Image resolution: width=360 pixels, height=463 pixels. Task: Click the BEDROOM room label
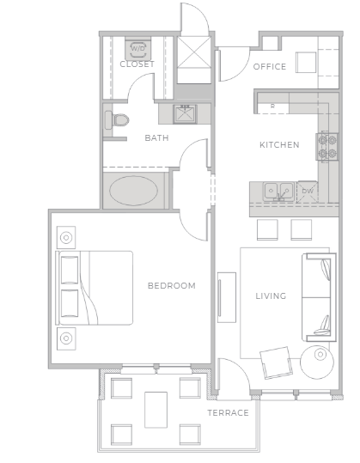pos(171,286)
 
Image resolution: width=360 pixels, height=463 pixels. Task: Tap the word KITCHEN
pos(279,145)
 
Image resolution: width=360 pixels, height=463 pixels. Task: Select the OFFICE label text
pos(269,67)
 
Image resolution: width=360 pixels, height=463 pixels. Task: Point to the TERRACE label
pos(228,413)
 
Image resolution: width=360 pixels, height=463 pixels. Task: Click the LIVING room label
pos(271,296)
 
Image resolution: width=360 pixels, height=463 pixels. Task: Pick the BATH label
pos(156,137)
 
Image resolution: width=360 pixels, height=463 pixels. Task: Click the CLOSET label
pos(137,64)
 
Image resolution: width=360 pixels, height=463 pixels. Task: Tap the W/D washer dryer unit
pos(137,48)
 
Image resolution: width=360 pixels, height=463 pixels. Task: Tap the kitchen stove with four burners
pos(326,147)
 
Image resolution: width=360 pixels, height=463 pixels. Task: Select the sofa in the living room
pos(319,297)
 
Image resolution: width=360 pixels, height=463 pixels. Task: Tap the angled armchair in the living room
pos(277,362)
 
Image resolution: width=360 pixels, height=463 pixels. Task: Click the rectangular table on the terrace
pos(156,409)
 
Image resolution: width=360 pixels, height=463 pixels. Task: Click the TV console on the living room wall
pos(226,297)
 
